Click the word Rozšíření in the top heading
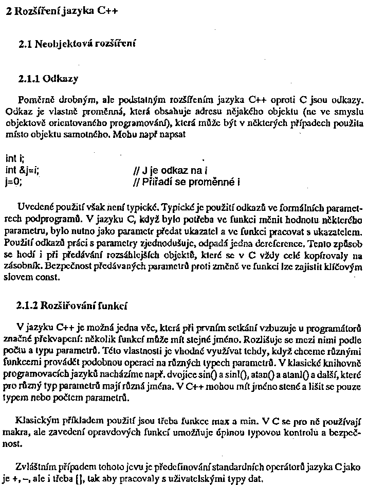point(40,11)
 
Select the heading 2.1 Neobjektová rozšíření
point(77,45)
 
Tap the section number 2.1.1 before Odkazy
point(30,79)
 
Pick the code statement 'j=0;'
point(14,182)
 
